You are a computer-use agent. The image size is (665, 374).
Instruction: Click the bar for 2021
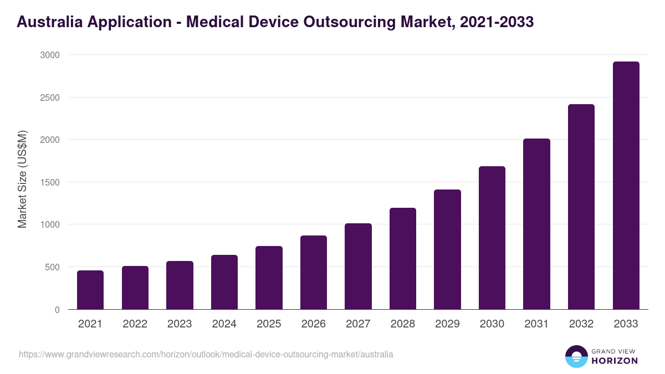(90, 290)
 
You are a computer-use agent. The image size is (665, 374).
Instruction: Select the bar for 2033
(626, 186)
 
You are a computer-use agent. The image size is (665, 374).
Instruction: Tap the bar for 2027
(358, 267)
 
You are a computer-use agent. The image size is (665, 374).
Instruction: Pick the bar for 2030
(492, 238)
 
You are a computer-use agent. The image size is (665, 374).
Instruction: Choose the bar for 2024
(224, 282)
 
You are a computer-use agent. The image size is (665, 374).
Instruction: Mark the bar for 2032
(581, 207)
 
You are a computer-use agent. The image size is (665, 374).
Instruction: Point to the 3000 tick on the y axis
(49, 55)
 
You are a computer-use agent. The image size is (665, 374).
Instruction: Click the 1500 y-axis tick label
(49, 182)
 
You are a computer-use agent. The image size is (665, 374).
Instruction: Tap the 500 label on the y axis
(52, 267)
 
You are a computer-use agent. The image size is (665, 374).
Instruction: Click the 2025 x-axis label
(269, 324)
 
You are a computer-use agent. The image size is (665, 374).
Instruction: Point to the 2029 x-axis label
(447, 324)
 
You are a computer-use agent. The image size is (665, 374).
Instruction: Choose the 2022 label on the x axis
(135, 324)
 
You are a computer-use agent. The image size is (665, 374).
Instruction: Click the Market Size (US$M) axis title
(22, 179)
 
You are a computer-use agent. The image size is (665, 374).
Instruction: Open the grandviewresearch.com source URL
(206, 354)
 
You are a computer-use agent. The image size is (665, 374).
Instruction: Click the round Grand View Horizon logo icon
(576, 356)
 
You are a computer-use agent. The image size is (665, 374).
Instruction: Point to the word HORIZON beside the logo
(614, 361)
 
